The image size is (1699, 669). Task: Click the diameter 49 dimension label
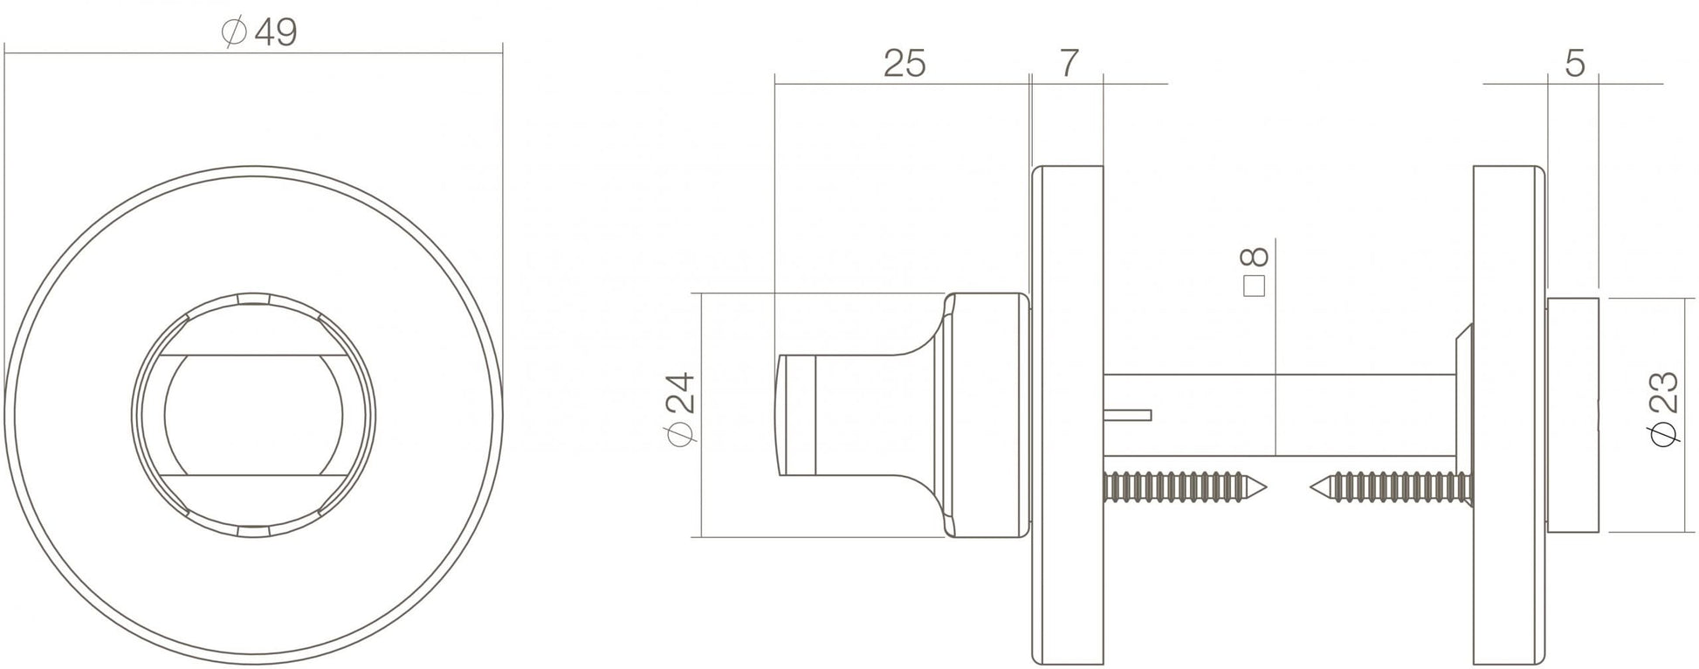tap(260, 33)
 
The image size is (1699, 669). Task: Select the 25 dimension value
tap(904, 64)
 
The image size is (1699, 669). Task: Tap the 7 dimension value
tap(1069, 63)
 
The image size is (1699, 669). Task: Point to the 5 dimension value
tap(1574, 63)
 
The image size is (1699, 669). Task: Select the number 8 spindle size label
tap(1254, 257)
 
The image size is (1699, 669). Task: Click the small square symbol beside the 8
tap(1254, 287)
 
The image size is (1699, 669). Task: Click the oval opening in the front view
tap(252, 415)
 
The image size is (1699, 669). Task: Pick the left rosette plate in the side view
tap(1067, 415)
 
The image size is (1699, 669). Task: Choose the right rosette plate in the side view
tap(1509, 415)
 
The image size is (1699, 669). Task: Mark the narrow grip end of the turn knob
tap(796, 415)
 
